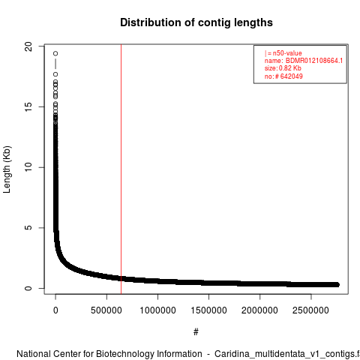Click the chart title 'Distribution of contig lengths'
(x=196, y=22)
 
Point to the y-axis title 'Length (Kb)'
(x=7, y=169)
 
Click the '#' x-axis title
(x=196, y=332)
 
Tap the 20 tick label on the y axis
(x=28, y=46)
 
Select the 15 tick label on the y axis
(x=28, y=107)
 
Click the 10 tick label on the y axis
(x=28, y=167)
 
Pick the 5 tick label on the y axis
(x=28, y=228)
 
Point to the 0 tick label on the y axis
(x=28, y=288)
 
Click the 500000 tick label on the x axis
(x=106, y=310)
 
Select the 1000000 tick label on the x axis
(x=157, y=310)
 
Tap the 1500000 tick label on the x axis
(x=208, y=310)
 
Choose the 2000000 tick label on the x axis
(x=259, y=310)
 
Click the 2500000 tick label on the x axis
(x=310, y=310)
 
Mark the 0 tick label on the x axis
(x=55, y=310)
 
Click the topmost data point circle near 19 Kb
(x=55, y=53)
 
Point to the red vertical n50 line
(x=121, y=169)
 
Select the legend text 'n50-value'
(x=287, y=53)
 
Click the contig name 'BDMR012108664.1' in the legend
(x=314, y=61)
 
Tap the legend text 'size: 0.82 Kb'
(x=283, y=68)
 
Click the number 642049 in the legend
(x=292, y=76)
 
